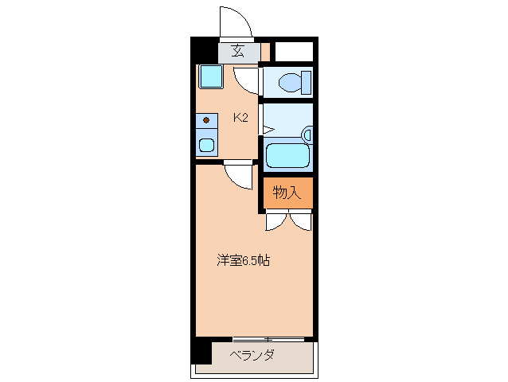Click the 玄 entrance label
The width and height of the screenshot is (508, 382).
coord(237,53)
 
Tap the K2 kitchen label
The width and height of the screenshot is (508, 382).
coord(240,118)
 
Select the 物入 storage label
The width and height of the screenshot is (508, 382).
coord(287,192)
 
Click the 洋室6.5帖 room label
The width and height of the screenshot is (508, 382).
coord(244,260)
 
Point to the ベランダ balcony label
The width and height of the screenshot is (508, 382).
coord(252,355)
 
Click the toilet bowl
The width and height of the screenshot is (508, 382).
coord(291,82)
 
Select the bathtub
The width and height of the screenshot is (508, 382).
coord(287,154)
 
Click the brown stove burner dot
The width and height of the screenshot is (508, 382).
coord(206,120)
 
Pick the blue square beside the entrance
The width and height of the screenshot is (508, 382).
coord(210,77)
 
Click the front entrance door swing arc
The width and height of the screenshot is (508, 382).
coord(235,21)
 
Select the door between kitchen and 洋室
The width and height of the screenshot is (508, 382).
coord(238,173)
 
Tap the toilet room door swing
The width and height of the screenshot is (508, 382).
coord(248,79)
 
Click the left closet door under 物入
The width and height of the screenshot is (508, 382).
coord(275,220)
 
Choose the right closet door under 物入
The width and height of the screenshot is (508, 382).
coord(301,220)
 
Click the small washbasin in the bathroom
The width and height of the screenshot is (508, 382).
coord(307,134)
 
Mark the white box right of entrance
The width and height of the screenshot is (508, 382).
coord(293,53)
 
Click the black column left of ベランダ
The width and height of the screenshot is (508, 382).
coord(201,351)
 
